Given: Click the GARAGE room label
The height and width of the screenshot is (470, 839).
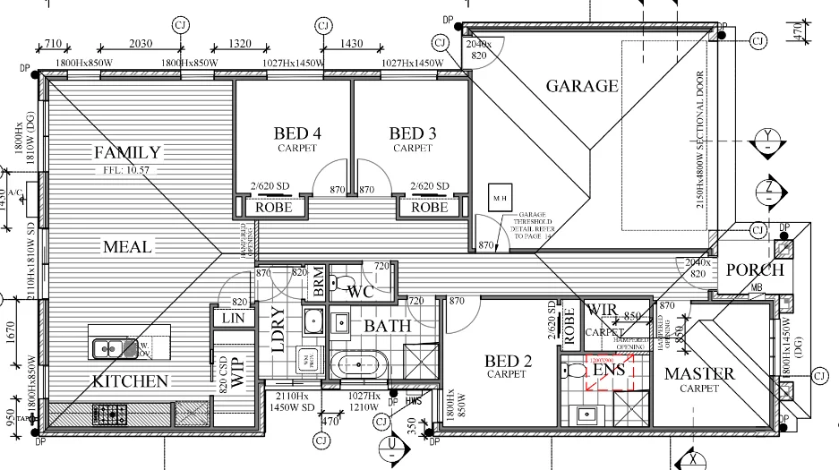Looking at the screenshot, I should pos(582,86).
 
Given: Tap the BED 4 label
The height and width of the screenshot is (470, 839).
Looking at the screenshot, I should pos(297,134).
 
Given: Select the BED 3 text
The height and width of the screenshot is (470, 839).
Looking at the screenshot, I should pos(413,134).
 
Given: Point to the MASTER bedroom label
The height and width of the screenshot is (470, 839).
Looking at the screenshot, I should pos(698,373).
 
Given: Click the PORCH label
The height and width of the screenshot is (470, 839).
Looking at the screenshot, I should pos(754,269).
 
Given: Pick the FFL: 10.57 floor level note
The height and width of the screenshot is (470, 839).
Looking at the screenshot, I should pos(128,170).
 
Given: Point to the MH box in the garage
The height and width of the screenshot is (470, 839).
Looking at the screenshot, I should pos(495,196).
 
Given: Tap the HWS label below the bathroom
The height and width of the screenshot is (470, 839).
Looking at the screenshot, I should pos(413,402).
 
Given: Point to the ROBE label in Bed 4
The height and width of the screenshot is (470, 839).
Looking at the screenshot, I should pos(273,208).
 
